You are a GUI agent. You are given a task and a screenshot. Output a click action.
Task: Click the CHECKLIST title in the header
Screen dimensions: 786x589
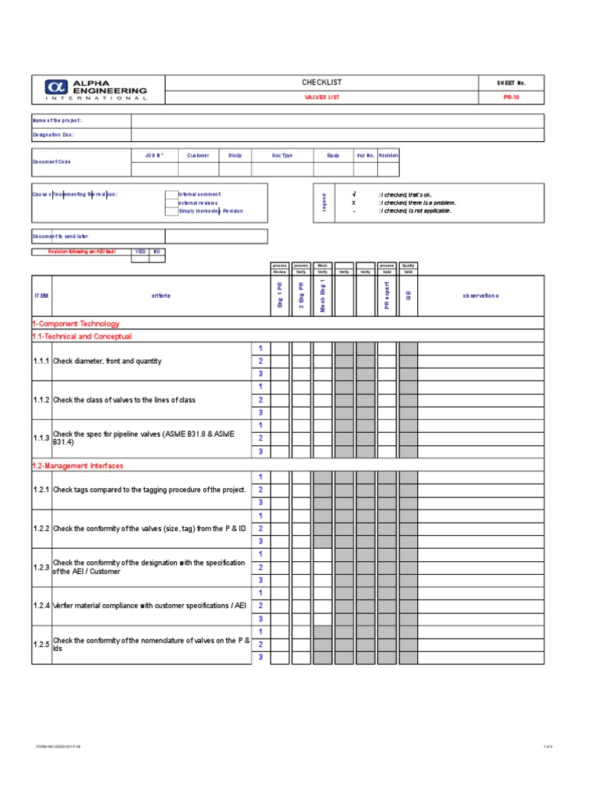click(x=323, y=82)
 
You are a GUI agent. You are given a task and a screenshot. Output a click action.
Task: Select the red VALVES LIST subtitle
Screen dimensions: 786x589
click(x=323, y=97)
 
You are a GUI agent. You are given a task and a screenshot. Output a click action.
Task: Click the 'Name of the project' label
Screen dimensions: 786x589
click(x=57, y=121)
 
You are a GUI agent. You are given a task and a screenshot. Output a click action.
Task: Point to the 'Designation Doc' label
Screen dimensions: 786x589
click(x=54, y=134)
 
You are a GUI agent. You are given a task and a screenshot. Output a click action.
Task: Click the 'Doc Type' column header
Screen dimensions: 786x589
click(x=282, y=155)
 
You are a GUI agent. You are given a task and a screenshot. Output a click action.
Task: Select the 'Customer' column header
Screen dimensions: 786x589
click(x=198, y=155)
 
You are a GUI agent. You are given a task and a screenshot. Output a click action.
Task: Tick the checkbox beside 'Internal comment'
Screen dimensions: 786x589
click(x=171, y=195)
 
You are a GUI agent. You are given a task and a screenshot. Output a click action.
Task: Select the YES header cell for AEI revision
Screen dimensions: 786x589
click(x=140, y=251)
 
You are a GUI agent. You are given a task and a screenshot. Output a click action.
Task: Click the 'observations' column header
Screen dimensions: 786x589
click(x=480, y=296)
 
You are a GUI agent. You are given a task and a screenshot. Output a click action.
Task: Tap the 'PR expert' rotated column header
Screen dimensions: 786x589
click(x=387, y=296)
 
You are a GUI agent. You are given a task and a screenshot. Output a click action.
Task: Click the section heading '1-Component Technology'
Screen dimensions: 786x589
click(x=76, y=324)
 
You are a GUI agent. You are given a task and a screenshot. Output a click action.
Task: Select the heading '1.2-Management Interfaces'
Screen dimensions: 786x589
click(x=77, y=466)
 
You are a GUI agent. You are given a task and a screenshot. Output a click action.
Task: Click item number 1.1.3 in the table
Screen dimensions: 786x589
click(x=41, y=438)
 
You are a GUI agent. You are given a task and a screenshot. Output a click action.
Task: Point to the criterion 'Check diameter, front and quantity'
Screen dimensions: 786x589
click(x=107, y=361)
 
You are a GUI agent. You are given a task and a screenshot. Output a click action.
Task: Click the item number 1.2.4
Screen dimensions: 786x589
click(x=41, y=606)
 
